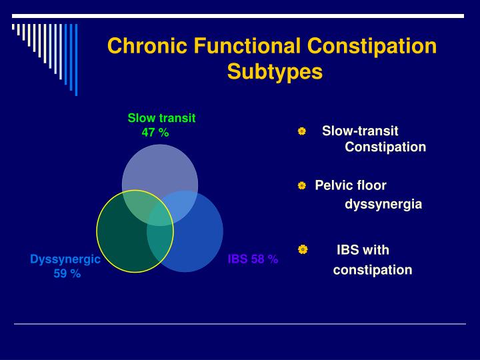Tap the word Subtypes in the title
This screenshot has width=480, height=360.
point(275,71)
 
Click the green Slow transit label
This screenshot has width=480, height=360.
point(161,118)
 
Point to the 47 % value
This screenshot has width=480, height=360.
point(155,132)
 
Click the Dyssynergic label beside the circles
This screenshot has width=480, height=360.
point(65,259)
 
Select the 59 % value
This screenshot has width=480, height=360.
point(67,273)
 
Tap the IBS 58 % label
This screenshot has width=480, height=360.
point(253,259)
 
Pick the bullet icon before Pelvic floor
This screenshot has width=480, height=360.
point(302,185)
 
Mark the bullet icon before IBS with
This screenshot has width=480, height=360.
point(302,249)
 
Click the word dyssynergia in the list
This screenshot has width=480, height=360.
point(383,205)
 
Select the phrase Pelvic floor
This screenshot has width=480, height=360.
point(351,185)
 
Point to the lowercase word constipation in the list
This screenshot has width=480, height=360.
point(373,270)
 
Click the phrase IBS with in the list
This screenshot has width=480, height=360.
point(363,251)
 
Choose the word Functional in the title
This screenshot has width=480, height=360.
point(247,46)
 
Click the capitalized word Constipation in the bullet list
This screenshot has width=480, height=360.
point(385,147)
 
